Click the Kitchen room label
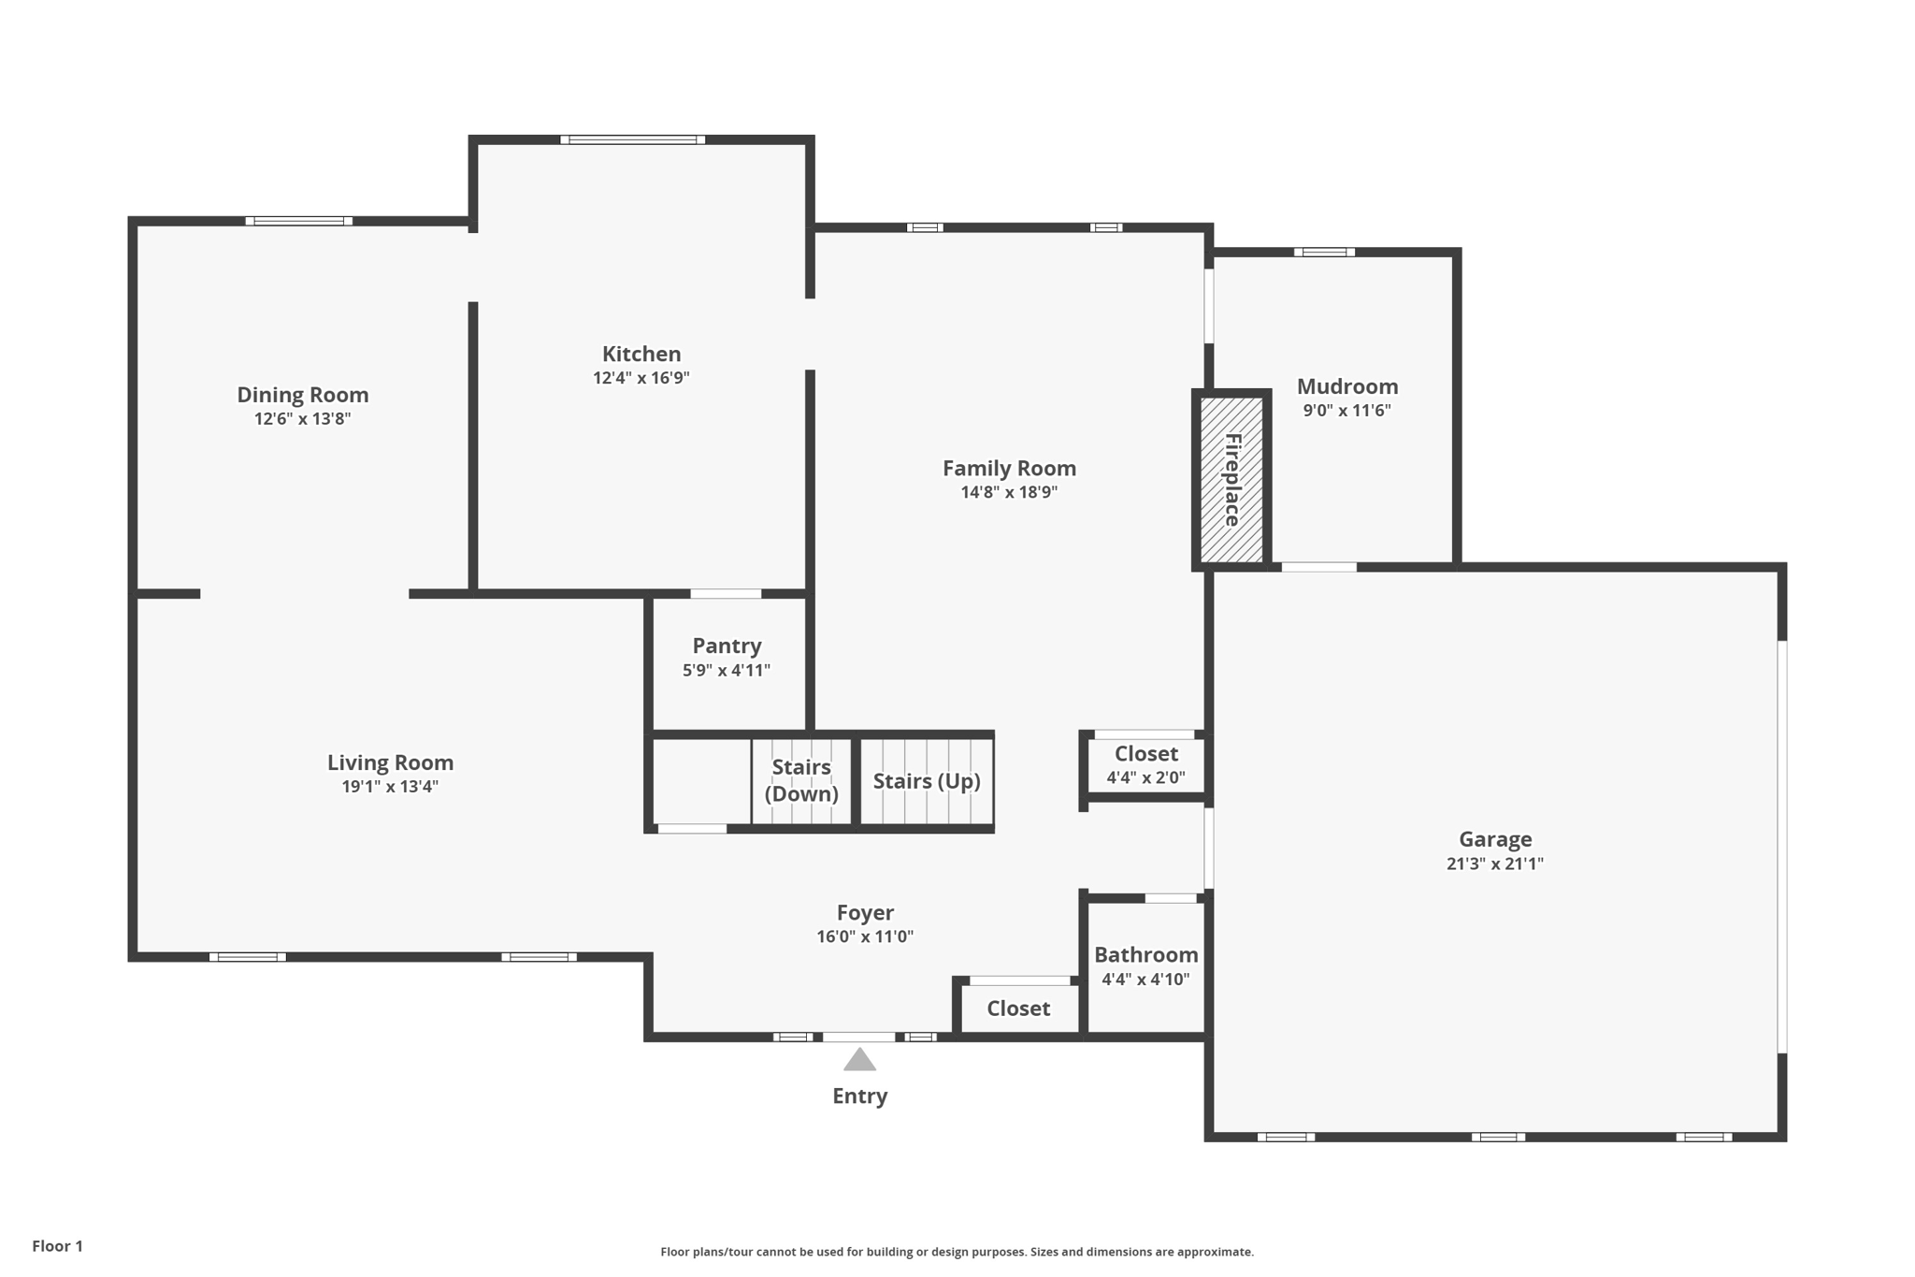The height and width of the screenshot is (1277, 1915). click(x=641, y=354)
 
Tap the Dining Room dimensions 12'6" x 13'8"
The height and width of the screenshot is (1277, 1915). click(x=302, y=419)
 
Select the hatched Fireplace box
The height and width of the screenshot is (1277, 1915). click(x=1231, y=479)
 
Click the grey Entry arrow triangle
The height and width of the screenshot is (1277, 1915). click(x=859, y=1060)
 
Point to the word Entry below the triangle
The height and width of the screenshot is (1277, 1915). click(x=859, y=1096)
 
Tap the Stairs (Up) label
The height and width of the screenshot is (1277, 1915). click(x=926, y=781)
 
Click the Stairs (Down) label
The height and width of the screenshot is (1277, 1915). click(x=801, y=780)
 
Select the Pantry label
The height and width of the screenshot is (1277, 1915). click(x=727, y=646)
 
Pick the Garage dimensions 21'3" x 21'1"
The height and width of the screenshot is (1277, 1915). click(x=1494, y=863)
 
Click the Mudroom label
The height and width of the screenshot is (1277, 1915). click(x=1346, y=386)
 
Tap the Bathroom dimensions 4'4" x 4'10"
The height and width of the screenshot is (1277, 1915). click(x=1145, y=980)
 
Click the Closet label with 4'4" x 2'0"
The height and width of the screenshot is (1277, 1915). click(x=1145, y=753)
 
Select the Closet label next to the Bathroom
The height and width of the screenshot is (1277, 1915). click(x=1018, y=1009)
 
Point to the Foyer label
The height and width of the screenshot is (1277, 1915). click(x=864, y=912)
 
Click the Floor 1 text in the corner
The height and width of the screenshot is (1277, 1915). click(x=57, y=1246)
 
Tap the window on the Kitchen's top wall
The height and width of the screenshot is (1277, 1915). click(x=633, y=140)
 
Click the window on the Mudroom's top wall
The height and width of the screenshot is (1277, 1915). click(x=1324, y=253)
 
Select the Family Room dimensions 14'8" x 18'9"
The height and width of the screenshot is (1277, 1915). click(x=1009, y=492)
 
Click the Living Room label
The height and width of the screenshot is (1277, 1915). click(x=390, y=762)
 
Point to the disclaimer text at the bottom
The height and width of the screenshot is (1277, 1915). click(x=957, y=1252)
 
